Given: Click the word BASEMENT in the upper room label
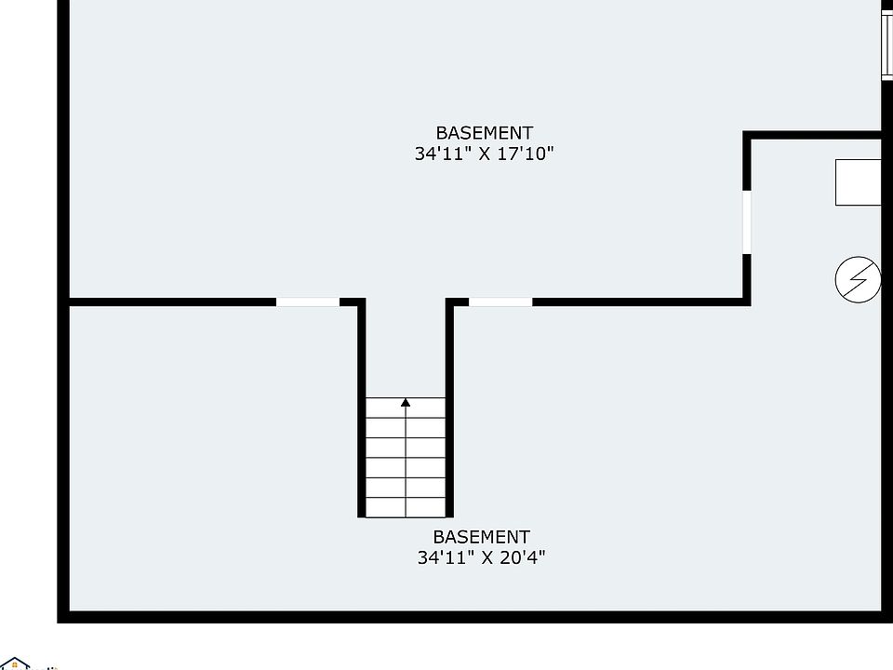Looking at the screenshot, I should [x=484, y=133].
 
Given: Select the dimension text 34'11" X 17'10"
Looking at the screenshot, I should [x=484, y=154].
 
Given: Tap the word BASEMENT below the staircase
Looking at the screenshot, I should [x=481, y=537].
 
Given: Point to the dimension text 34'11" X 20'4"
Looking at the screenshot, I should [x=481, y=558].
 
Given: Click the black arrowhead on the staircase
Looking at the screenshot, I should [x=406, y=403].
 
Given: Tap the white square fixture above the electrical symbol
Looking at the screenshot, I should [x=858, y=182].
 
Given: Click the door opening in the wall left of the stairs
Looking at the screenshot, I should [x=308, y=301].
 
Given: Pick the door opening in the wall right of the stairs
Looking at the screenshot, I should [x=500, y=301].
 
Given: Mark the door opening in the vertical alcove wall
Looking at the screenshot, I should [x=747, y=221].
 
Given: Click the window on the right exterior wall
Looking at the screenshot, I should [x=886, y=42].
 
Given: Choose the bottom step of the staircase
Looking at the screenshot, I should [x=406, y=507].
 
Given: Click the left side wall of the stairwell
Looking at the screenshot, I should [x=361, y=409].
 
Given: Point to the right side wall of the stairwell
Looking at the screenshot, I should [x=450, y=409].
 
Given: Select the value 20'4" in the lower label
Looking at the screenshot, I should [x=523, y=558].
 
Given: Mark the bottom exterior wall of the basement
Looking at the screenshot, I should [x=465, y=616].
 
